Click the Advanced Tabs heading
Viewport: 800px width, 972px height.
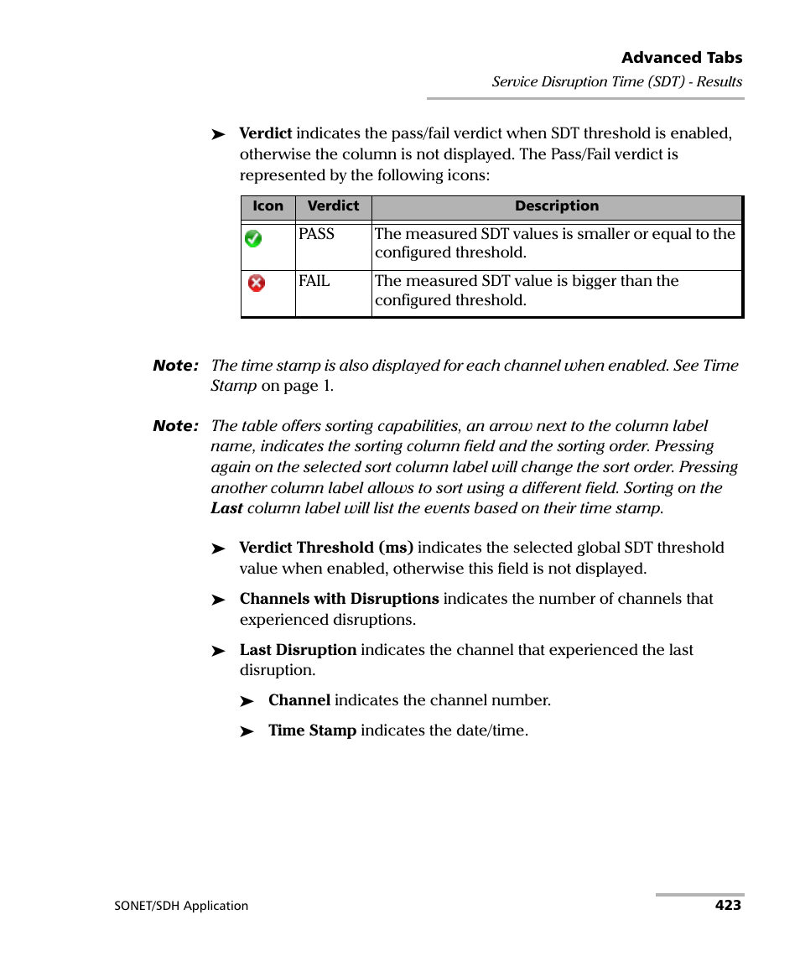tap(681, 58)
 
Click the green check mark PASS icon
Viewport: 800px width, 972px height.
tap(253, 239)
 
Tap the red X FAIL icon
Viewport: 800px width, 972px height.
tap(257, 283)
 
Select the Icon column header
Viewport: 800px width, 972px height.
tap(268, 206)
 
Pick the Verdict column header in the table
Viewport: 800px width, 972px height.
tap(333, 206)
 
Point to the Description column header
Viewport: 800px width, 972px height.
tap(557, 206)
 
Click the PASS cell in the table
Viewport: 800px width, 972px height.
tap(317, 235)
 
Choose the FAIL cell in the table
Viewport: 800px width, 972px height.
tap(314, 282)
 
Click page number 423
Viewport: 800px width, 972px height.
tap(728, 905)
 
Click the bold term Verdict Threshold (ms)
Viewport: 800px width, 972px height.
tap(326, 548)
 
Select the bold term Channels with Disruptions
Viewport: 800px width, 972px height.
tap(339, 599)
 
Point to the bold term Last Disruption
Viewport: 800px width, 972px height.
tap(298, 650)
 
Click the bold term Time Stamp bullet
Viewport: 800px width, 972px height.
tap(312, 730)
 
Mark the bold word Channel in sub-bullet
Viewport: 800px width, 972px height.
tap(299, 700)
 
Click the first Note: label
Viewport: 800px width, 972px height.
tap(175, 366)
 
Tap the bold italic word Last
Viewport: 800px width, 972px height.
tap(226, 508)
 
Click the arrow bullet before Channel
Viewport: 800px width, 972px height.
tap(247, 702)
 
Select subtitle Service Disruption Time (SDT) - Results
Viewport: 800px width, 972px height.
tap(616, 82)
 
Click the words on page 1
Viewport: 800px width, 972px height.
tap(297, 387)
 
